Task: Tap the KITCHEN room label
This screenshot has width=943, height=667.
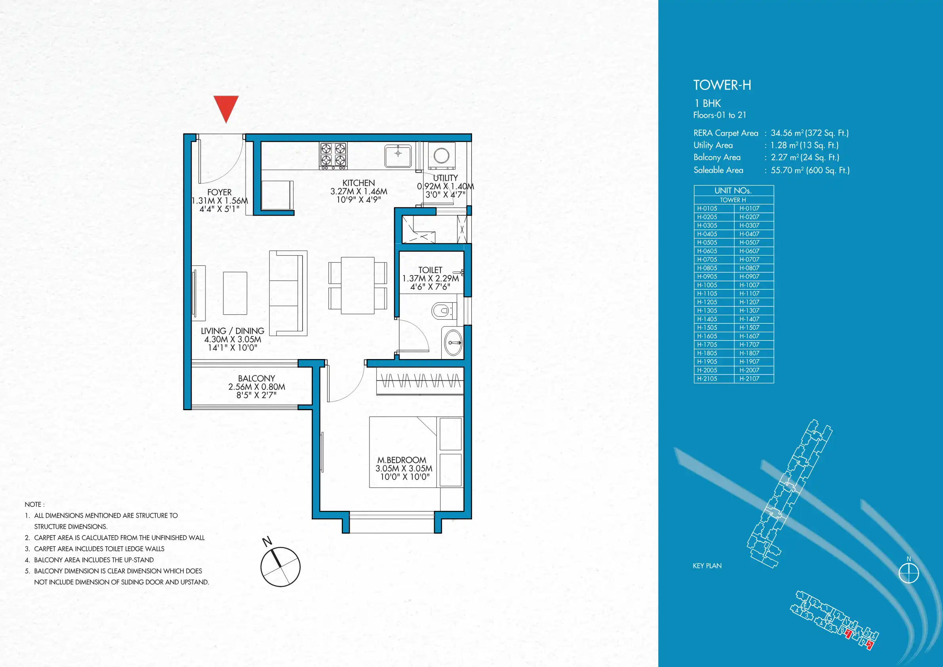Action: click(x=358, y=183)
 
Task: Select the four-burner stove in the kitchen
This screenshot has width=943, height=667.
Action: click(x=333, y=156)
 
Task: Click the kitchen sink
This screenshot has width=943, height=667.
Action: click(x=398, y=156)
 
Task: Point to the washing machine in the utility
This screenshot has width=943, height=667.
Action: click(x=442, y=156)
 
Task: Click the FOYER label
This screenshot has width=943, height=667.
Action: click(x=219, y=192)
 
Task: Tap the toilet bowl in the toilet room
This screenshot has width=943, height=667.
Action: click(x=442, y=311)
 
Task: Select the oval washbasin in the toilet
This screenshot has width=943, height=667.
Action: click(x=453, y=342)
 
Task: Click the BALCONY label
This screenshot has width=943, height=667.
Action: click(x=257, y=378)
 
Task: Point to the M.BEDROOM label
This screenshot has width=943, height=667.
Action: click(x=402, y=460)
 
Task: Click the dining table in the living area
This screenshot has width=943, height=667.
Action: click(x=357, y=285)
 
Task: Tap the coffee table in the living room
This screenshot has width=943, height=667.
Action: click(x=235, y=293)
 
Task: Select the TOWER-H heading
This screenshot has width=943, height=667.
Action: click(x=722, y=85)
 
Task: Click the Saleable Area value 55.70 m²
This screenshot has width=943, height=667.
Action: click(x=787, y=170)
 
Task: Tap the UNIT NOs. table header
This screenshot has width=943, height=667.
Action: click(x=733, y=191)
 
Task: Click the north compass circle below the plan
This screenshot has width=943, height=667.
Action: click(x=280, y=567)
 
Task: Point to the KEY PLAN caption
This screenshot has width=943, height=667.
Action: click(x=707, y=566)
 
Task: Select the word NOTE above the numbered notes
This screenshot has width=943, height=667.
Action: click(x=33, y=504)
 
